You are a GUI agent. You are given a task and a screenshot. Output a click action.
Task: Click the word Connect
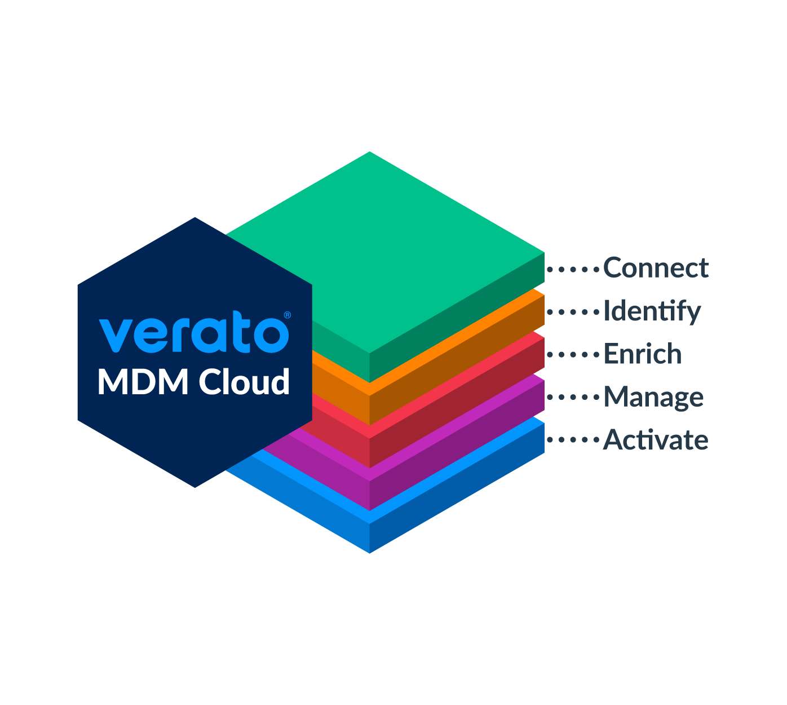coord(655,268)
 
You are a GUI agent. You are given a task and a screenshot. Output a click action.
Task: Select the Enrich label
coord(642,354)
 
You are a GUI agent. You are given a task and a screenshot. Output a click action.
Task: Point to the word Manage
coord(653,397)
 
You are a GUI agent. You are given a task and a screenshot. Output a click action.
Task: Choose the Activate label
coord(655,440)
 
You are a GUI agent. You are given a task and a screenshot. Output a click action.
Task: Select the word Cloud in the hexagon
coord(244,382)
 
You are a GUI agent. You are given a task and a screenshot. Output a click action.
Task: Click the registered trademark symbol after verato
coord(287,315)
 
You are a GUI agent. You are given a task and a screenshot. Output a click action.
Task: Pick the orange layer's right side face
coord(457,361)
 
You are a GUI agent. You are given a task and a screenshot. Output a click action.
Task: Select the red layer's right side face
coord(457,404)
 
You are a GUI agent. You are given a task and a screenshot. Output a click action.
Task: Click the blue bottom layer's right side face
coord(457,490)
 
